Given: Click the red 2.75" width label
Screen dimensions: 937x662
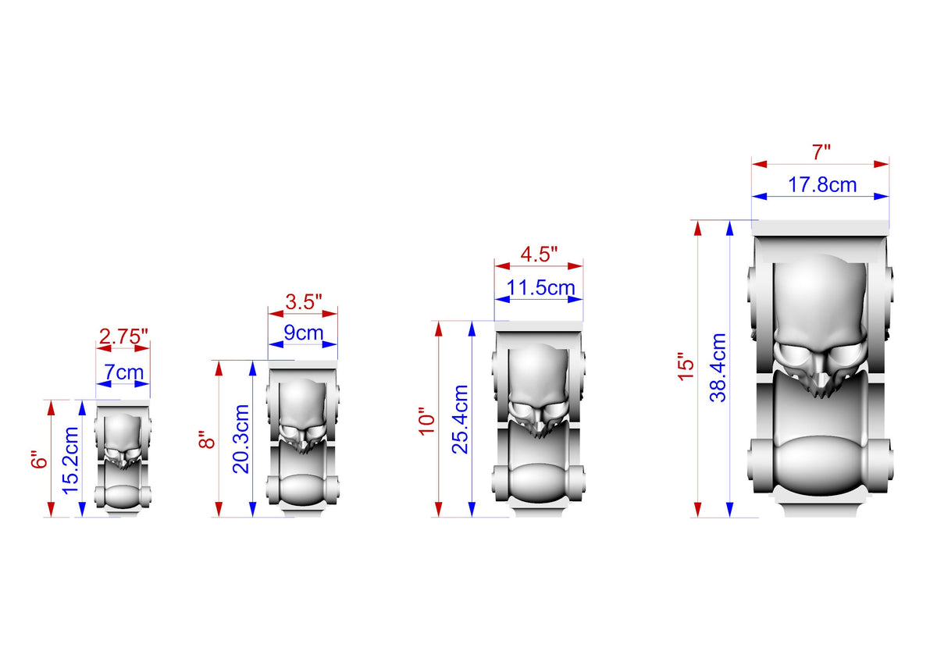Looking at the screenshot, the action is (x=124, y=337).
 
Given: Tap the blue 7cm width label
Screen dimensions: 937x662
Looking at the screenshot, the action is (x=124, y=372).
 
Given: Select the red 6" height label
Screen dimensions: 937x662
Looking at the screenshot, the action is (x=40, y=459).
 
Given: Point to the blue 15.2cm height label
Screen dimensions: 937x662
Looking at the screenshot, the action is (x=70, y=461).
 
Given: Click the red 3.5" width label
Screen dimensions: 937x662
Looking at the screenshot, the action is (x=304, y=302).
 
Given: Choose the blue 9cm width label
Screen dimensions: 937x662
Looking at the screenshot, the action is (x=304, y=333).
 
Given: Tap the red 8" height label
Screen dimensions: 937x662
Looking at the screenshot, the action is (x=207, y=439).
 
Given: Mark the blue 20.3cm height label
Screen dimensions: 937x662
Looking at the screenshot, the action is (x=241, y=439).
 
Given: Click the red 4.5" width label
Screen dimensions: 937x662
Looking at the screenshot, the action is (x=540, y=254).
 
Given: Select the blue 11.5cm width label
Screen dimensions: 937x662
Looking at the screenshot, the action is (x=541, y=288).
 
